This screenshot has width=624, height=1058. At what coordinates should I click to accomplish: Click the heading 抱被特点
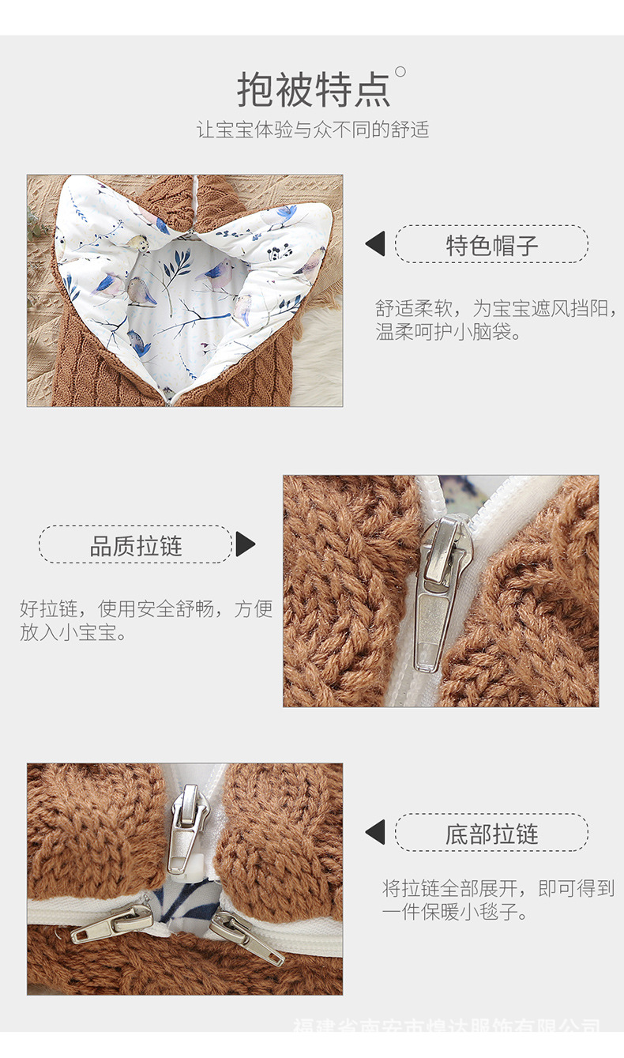click(x=314, y=89)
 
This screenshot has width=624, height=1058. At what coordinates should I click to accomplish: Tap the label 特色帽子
click(x=491, y=245)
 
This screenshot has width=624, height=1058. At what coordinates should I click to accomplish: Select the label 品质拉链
click(x=136, y=545)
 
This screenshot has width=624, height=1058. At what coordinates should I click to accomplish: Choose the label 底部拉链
click(x=491, y=834)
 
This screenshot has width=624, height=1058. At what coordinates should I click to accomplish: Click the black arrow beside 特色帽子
click(x=376, y=244)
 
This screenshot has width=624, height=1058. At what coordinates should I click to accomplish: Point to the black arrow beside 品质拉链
click(x=246, y=544)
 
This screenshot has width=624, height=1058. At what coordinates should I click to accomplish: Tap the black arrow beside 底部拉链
click(x=376, y=832)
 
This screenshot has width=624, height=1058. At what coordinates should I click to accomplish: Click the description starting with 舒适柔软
click(x=496, y=320)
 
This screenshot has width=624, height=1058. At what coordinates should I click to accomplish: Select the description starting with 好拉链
click(x=146, y=620)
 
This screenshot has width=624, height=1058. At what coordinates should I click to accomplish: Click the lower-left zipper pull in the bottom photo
click(x=111, y=925)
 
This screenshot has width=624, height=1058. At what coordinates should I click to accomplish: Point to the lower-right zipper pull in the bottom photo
click(x=247, y=939)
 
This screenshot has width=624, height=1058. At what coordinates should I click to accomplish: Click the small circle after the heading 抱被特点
click(x=400, y=73)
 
